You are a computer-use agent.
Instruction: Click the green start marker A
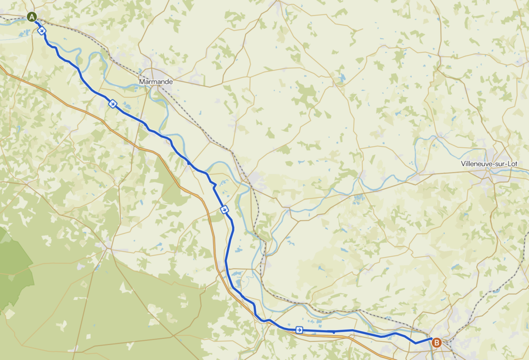click(32, 17)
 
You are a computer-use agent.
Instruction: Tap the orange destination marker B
click(437, 342)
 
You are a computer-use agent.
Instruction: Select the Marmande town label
click(155, 82)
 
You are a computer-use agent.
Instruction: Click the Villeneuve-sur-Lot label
click(488, 164)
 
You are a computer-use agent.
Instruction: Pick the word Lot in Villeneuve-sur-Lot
click(511, 164)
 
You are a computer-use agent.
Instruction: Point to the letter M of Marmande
click(142, 82)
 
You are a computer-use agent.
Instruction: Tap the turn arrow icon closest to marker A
click(42, 31)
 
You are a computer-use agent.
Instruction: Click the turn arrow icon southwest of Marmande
click(113, 104)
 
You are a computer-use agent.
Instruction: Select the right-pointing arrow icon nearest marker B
click(299, 330)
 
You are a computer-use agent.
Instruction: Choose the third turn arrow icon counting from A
click(224, 209)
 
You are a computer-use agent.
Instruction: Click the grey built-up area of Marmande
click(155, 72)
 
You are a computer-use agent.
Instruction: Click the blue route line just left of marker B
click(421, 341)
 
